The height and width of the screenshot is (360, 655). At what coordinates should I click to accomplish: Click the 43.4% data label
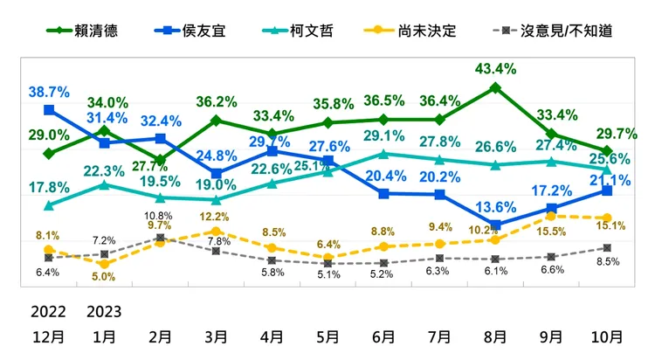click(x=495, y=68)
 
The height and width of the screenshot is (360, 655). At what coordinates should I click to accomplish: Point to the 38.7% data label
click(x=49, y=90)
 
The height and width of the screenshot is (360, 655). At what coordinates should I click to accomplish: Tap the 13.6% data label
click(x=495, y=207)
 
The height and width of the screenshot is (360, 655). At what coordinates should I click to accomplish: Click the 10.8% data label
click(x=160, y=216)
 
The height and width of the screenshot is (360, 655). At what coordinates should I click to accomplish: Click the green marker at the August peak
click(x=495, y=87)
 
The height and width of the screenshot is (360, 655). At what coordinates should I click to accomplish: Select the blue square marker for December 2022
click(x=49, y=110)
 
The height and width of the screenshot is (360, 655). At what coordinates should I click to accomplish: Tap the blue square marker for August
click(x=495, y=225)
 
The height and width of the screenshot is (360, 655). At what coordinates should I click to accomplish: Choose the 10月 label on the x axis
click(x=607, y=336)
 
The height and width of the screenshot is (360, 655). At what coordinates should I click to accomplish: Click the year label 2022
click(x=49, y=310)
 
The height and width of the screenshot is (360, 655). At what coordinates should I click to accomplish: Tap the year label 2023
click(x=104, y=310)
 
